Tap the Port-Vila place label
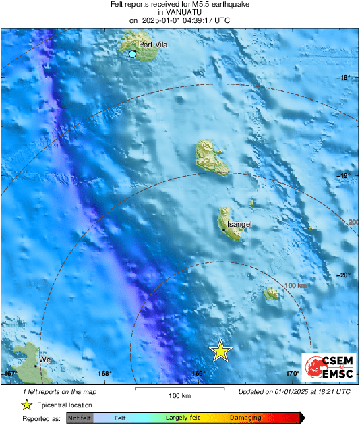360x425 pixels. coord(152,45)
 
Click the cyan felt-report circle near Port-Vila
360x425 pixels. coord(133,53)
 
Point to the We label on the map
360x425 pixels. coord(46,360)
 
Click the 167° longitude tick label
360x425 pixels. coord(10,373)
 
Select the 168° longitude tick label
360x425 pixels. coord(104,373)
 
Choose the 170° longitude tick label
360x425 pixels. coord(292,373)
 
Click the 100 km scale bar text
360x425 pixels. coord(179,395)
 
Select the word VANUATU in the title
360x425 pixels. coord(179,12)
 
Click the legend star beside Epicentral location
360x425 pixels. coord(26,405)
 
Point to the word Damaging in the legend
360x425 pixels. coord(245,418)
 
